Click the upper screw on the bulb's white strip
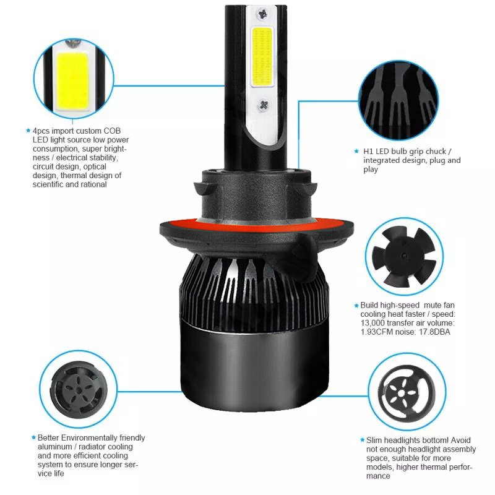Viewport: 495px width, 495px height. (262, 14)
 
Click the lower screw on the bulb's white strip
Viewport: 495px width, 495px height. (264, 105)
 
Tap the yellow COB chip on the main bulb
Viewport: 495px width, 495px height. (262, 57)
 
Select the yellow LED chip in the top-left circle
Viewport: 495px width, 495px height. (72, 81)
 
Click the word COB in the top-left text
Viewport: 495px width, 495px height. (112, 131)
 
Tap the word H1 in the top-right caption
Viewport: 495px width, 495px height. (368, 151)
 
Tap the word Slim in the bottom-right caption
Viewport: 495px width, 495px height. (374, 440)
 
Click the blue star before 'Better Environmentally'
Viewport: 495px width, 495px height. (33, 437)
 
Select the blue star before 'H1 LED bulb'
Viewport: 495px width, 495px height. (356, 151)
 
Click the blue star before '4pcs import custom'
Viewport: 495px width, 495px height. (28, 131)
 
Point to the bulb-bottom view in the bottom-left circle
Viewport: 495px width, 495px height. (79, 390)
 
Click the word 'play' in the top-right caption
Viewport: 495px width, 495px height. (370, 170)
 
